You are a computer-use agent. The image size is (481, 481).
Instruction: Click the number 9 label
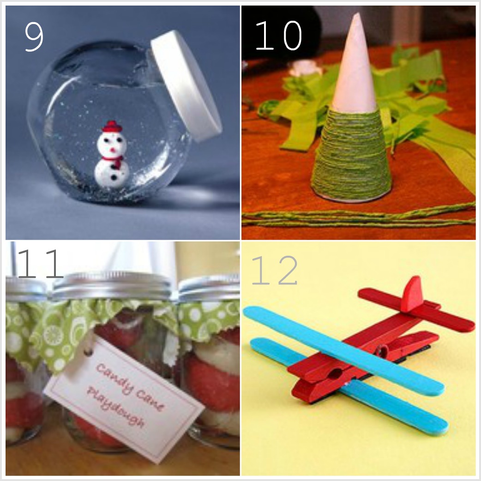[x=34, y=36]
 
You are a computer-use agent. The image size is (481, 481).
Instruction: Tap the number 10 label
[x=278, y=35]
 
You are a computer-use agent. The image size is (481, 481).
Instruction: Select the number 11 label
[x=40, y=263]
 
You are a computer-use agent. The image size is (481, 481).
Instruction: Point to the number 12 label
[x=274, y=270]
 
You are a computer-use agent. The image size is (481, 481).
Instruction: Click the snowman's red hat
[x=112, y=126]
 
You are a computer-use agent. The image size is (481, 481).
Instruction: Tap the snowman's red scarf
[x=114, y=161]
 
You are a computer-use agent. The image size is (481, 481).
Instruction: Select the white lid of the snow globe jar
[x=186, y=86]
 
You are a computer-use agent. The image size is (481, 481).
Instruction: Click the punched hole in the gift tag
[x=88, y=352]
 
